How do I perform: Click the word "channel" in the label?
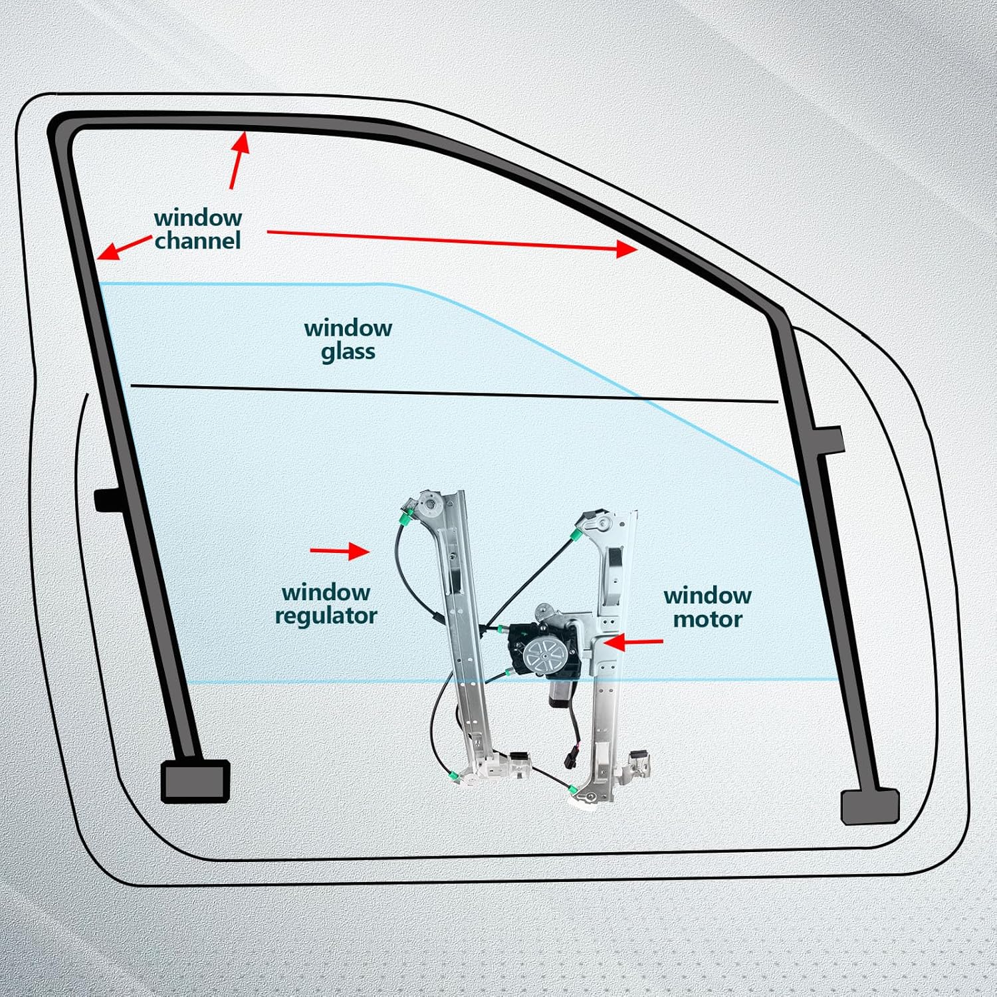coord(197,241)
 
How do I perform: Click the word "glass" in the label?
coord(348,352)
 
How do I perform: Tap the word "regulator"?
coord(326,616)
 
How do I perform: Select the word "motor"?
coord(707,619)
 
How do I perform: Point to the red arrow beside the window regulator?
coord(340,551)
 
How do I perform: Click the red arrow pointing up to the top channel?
coord(239,160)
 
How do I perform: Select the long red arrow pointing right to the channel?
coord(452,241)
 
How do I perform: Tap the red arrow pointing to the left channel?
coord(124,248)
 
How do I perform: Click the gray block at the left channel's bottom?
coord(195,781)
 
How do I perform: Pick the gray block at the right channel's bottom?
coord(869,806)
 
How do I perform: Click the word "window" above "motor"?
coord(707,596)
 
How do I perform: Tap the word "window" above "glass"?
coord(348,328)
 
